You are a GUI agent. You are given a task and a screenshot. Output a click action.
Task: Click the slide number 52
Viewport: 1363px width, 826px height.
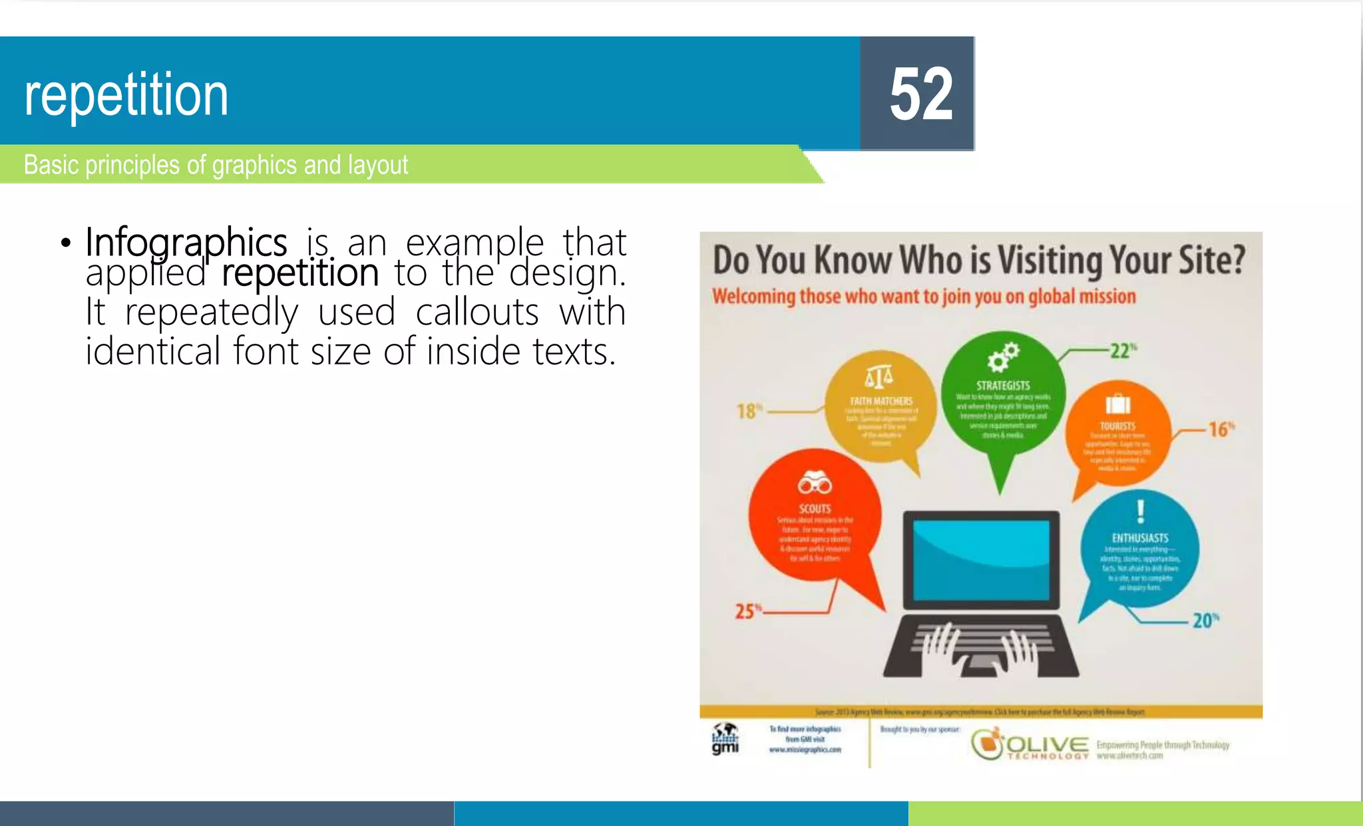click(x=921, y=94)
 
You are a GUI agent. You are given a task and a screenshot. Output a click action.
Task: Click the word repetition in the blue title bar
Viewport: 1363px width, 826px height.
click(x=126, y=95)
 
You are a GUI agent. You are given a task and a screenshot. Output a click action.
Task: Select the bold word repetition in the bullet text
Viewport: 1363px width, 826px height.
click(x=300, y=273)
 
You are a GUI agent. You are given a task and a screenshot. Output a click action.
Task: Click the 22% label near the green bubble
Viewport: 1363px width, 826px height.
click(x=1123, y=350)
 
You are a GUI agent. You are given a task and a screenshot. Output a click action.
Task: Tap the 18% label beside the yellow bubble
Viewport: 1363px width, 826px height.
click(x=749, y=411)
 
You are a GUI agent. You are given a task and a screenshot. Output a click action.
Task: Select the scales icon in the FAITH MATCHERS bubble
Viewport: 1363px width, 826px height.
click(x=879, y=377)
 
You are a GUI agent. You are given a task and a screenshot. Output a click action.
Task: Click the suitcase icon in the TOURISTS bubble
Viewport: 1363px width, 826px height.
click(x=1118, y=403)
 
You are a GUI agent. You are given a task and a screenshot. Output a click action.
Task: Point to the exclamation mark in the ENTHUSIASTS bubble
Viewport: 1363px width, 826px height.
click(x=1140, y=511)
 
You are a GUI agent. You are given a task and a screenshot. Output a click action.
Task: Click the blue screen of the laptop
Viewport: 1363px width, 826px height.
click(x=981, y=559)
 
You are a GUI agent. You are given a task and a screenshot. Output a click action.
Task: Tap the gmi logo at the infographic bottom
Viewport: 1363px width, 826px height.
click(x=725, y=740)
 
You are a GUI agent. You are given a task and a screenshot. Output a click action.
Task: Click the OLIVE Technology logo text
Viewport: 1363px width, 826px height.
click(x=1047, y=746)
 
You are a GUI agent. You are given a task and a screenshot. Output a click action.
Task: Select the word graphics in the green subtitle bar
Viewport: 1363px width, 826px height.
click(x=254, y=165)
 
